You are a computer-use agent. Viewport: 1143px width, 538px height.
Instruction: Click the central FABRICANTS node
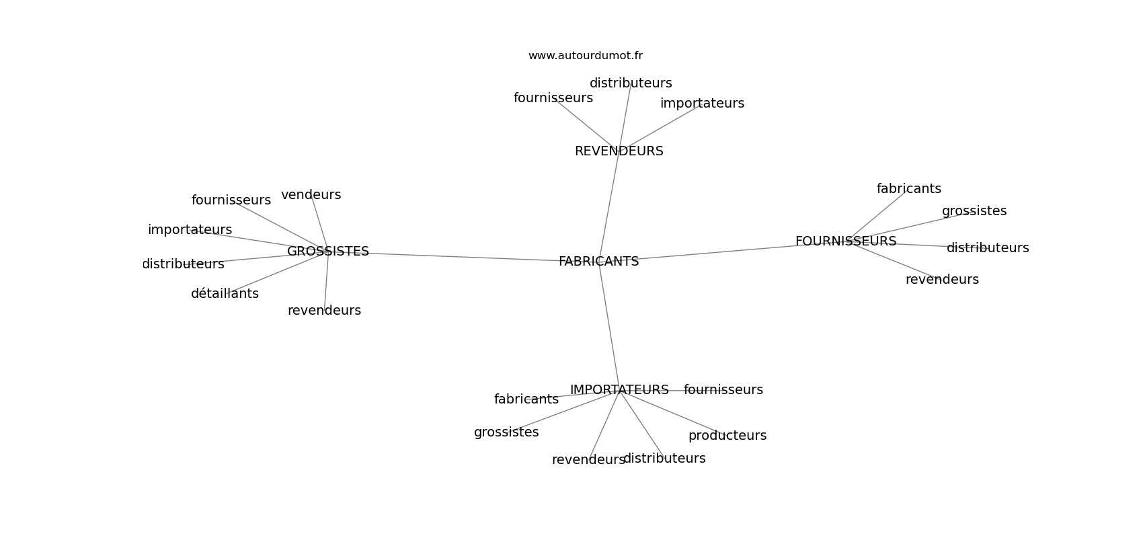click(598, 262)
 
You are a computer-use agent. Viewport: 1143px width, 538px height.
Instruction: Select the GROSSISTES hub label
click(328, 252)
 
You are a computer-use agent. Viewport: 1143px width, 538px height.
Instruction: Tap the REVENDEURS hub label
click(619, 151)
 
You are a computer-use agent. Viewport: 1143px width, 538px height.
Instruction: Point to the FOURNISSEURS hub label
click(845, 241)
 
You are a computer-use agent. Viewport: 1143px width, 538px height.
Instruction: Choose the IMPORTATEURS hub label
click(619, 390)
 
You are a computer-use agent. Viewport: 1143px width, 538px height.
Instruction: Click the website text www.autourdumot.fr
click(585, 56)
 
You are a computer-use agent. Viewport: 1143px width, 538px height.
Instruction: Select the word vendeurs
click(311, 195)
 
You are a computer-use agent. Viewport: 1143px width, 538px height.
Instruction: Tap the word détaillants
click(225, 294)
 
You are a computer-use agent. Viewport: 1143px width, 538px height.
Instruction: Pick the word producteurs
click(727, 436)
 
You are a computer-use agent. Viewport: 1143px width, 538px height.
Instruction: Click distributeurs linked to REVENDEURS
click(631, 83)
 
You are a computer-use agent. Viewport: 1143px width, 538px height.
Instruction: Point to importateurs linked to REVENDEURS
click(702, 104)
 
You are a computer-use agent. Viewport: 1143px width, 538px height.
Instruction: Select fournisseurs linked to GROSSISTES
click(231, 200)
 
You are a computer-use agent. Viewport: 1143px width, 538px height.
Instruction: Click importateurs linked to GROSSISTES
click(190, 230)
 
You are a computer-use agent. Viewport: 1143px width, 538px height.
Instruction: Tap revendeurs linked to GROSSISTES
click(324, 311)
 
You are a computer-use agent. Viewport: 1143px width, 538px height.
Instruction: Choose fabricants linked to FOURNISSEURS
click(908, 189)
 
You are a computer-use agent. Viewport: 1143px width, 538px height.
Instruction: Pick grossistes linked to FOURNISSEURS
click(974, 211)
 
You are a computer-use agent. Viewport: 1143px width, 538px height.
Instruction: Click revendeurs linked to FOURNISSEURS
click(941, 280)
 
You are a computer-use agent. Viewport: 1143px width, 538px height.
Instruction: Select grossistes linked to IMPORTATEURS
click(506, 432)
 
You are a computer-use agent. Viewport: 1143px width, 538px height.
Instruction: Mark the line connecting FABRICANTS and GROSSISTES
click(464, 257)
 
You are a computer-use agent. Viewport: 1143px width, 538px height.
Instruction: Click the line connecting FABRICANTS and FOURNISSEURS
click(719, 252)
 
